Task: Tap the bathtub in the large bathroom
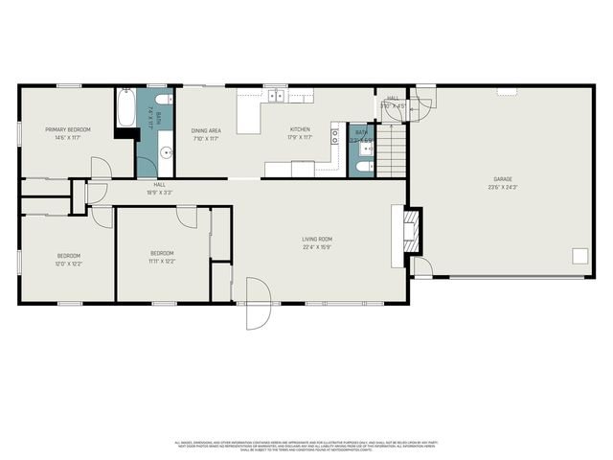tap(125, 110)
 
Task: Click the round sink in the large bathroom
tap(165, 151)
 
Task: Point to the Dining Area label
tap(205, 130)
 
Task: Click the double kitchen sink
tap(276, 95)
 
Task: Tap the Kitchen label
tap(301, 130)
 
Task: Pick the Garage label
tap(503, 179)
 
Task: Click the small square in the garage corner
tap(579, 255)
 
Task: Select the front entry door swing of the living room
tap(257, 305)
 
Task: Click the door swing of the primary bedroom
tap(101, 168)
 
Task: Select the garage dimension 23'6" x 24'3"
tap(503, 187)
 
